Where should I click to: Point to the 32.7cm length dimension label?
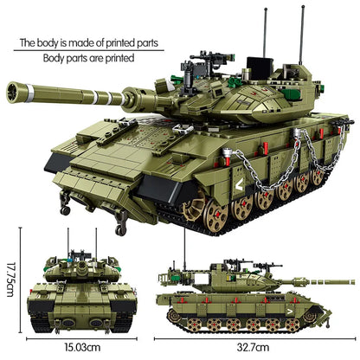[x=251, y=348]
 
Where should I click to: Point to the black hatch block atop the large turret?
[x=254, y=66]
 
